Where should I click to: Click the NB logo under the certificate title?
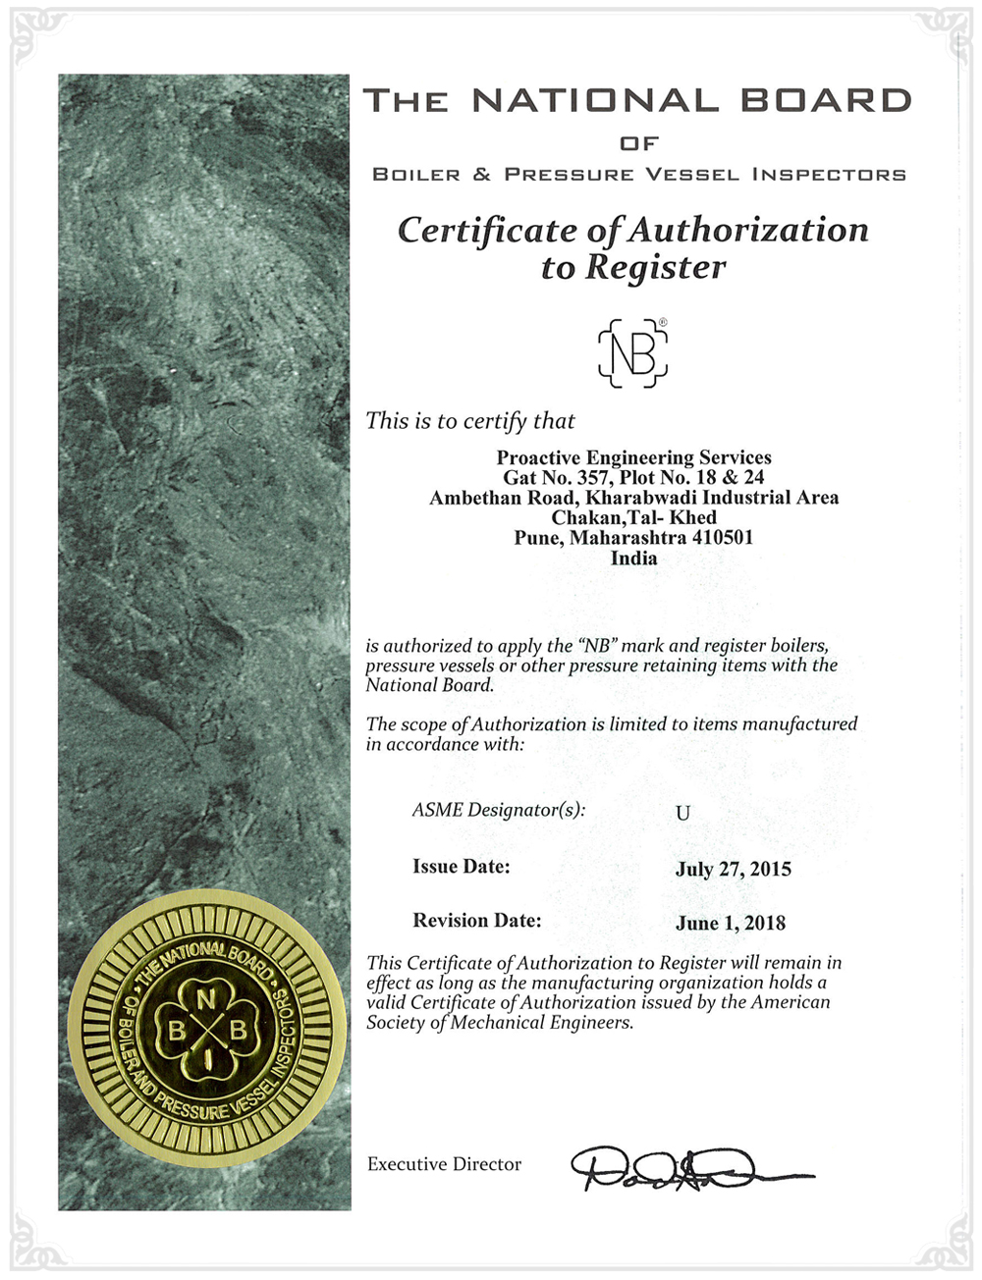(633, 352)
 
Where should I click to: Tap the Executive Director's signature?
(687, 1167)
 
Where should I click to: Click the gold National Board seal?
(207, 1030)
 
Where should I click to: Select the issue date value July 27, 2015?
(733, 869)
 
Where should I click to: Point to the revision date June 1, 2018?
(730, 923)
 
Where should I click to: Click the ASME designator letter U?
(682, 813)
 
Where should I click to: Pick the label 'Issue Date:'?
(461, 867)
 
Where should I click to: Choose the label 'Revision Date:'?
(476, 921)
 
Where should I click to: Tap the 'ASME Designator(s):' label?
(498, 810)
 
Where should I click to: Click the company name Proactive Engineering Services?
(633, 457)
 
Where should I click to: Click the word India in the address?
(633, 558)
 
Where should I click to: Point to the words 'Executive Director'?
(444, 1164)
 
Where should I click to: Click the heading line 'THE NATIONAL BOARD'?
(637, 100)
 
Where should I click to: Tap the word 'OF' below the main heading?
(638, 144)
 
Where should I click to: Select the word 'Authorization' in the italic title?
(748, 230)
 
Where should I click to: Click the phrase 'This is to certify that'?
(470, 421)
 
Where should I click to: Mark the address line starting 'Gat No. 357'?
(633, 478)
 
